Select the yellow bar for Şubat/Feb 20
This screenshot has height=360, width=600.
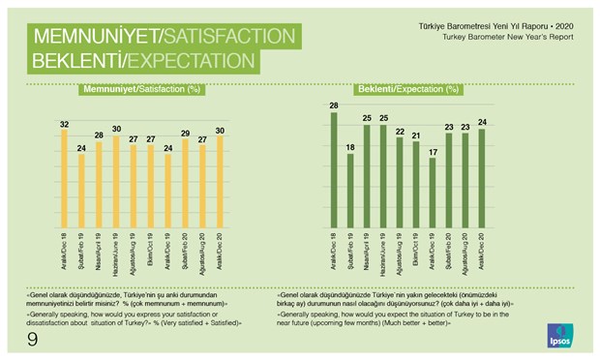(184, 185)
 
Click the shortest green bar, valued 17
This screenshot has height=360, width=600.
(432, 194)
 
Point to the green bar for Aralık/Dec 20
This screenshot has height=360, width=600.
(481, 180)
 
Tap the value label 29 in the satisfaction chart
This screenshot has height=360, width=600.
(184, 134)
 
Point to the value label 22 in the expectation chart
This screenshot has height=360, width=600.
(399, 132)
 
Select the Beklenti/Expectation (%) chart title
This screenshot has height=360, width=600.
(407, 90)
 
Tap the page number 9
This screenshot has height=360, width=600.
(32, 338)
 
